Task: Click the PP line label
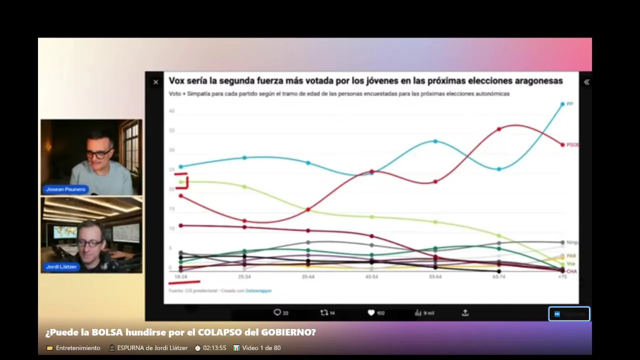point(570,104)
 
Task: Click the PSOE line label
point(572,144)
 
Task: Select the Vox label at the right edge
point(571,263)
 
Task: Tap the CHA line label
point(571,271)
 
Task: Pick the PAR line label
point(571,256)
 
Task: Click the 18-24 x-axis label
point(180,276)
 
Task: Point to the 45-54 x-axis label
point(371,276)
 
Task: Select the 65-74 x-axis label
point(498,276)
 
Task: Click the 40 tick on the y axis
point(171,111)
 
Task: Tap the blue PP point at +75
point(562,104)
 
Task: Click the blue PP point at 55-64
point(435,141)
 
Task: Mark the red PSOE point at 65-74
point(499,129)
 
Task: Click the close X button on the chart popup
point(155,82)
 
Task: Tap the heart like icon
point(371,312)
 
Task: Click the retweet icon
point(324,312)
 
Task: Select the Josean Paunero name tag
point(65,189)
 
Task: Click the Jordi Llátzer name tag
point(61,267)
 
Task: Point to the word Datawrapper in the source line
point(258,290)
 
